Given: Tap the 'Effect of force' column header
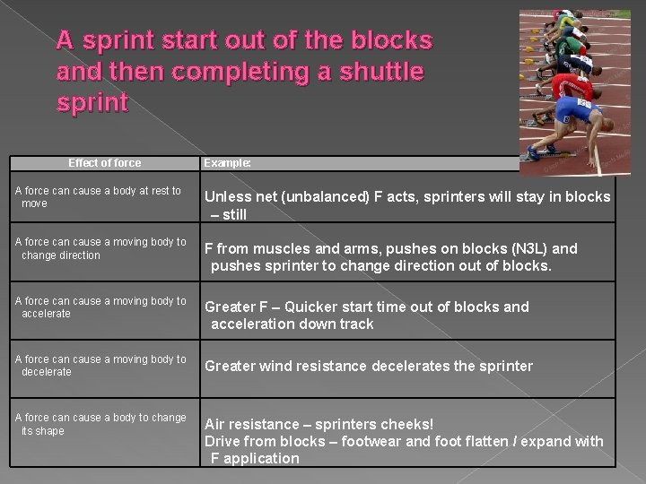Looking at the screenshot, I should point(105,163).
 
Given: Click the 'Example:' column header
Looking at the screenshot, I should point(227,163).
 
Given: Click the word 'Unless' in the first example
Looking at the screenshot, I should point(228,197).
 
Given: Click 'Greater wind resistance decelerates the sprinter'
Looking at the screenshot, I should point(369,366).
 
